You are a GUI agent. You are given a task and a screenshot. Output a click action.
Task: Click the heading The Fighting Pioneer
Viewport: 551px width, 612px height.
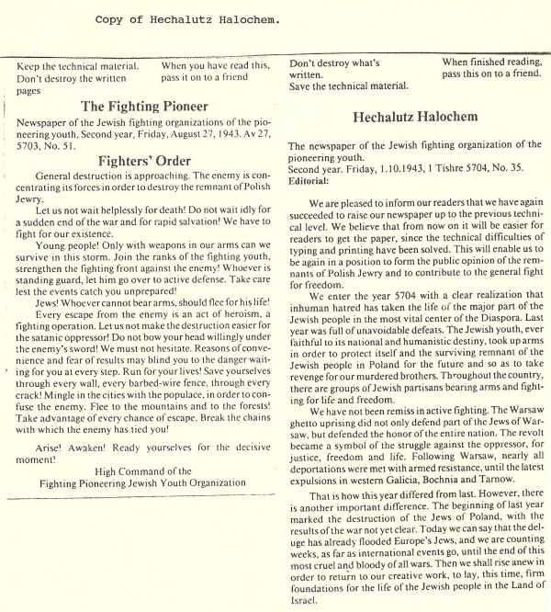coord(144,106)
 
